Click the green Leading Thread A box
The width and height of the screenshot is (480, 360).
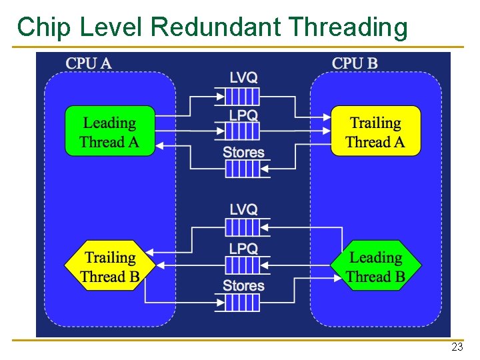click(109, 131)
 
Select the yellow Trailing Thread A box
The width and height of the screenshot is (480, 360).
click(376, 131)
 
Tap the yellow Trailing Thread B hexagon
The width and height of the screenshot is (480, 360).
click(110, 266)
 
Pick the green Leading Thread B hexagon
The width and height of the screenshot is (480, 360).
click(376, 266)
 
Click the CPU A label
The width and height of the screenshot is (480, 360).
click(89, 63)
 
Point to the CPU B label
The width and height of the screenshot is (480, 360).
click(355, 63)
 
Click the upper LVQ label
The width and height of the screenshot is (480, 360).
click(243, 77)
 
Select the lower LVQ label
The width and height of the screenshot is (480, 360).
click(243, 209)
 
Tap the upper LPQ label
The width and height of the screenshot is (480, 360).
click(243, 115)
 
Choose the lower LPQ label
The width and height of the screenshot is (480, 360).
click(243, 248)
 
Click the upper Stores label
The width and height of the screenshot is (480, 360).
click(243, 152)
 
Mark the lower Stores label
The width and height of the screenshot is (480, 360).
click(243, 285)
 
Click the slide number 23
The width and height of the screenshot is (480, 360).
click(457, 347)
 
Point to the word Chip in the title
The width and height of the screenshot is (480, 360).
click(45, 27)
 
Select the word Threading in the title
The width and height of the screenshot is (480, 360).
click(349, 27)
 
